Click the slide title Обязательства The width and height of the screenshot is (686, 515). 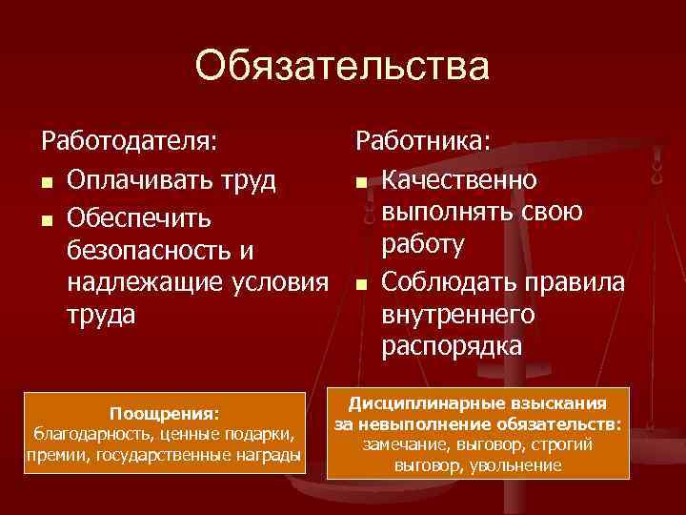(x=342, y=67)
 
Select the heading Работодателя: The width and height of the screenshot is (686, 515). (x=129, y=141)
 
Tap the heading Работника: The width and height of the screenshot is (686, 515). (x=423, y=141)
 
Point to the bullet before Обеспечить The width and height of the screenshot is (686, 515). (x=47, y=220)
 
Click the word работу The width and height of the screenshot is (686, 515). (x=423, y=245)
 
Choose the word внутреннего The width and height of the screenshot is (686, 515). (x=457, y=314)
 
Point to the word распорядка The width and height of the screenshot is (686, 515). (x=452, y=346)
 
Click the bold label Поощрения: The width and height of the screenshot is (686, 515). (x=165, y=414)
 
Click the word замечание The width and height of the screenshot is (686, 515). (x=401, y=444)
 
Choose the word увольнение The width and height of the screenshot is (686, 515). (x=519, y=465)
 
